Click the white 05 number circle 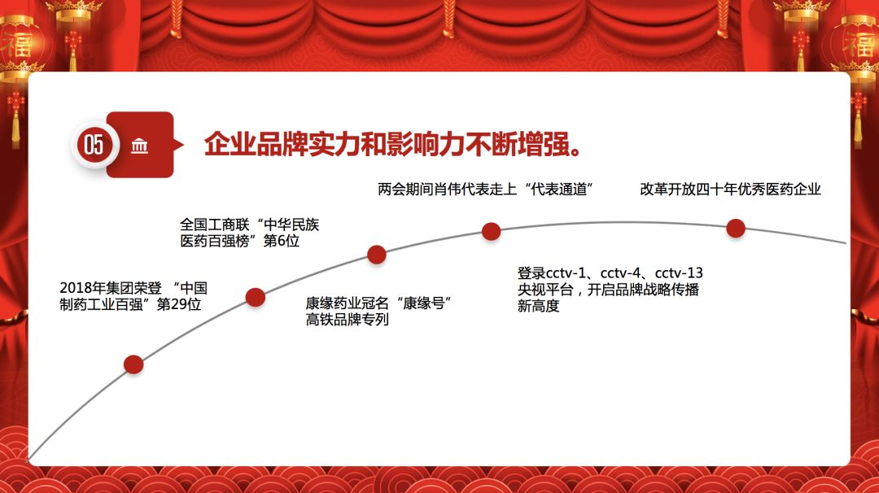click(94, 145)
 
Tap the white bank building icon click(140, 146)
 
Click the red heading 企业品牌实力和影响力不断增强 click(393, 145)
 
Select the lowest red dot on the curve click(133, 364)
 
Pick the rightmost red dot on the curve click(736, 229)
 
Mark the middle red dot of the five click(377, 255)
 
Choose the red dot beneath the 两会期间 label click(491, 231)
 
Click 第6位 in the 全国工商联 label click(282, 241)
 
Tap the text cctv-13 click(679, 273)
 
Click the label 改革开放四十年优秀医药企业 click(730, 190)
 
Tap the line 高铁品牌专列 click(347, 320)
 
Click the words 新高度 click(538, 306)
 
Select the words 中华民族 click(291, 225)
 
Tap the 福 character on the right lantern click(859, 44)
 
